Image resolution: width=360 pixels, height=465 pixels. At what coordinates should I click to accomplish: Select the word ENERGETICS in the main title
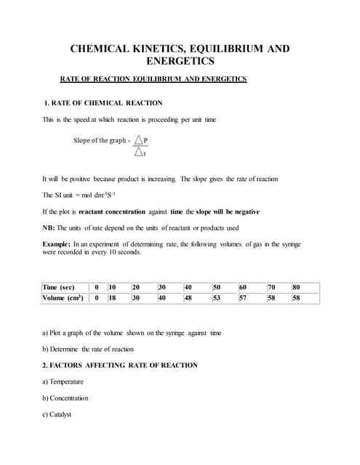180,62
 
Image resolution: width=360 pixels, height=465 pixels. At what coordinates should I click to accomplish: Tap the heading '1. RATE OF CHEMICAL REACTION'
103,103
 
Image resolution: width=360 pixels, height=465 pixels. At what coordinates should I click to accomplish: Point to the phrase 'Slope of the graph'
100,140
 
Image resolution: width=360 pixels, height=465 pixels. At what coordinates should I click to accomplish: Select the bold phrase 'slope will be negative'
221,211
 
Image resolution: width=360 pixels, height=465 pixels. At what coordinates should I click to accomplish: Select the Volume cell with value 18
113,298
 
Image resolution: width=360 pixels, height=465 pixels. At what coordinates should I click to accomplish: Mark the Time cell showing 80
296,288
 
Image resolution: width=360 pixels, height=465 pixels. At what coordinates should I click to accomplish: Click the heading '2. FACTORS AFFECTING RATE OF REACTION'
119,365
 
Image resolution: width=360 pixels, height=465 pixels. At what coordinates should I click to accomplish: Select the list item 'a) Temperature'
63,381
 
